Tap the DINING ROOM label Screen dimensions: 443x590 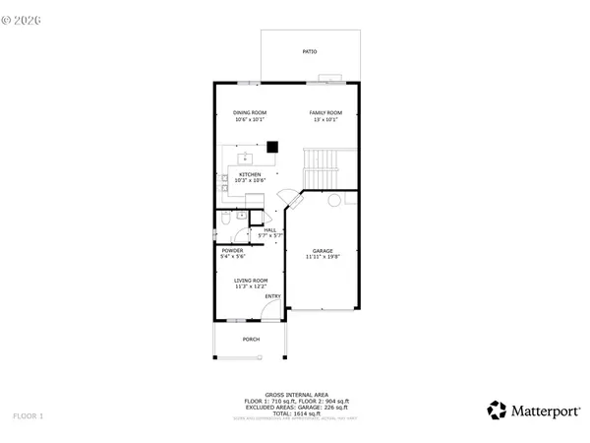(250, 113)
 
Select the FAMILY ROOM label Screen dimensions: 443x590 (325, 113)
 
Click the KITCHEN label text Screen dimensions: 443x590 (249, 174)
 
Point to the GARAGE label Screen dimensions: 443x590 (324, 251)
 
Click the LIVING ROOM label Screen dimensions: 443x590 (251, 281)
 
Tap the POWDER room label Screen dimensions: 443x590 (232, 250)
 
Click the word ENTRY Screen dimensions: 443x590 (272, 296)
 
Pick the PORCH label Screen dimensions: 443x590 (252, 340)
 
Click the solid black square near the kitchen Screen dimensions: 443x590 (272, 148)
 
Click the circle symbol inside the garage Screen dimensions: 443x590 (334, 201)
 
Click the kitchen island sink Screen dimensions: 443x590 (246, 157)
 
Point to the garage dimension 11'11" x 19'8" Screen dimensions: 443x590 (324, 258)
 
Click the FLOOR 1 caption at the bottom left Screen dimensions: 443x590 (29, 416)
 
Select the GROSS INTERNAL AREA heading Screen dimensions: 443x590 (296, 393)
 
